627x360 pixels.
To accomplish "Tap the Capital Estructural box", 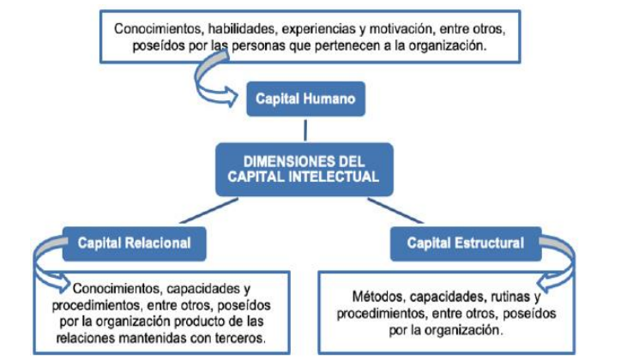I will click(465, 243).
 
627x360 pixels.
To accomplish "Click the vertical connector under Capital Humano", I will click(307, 129).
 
